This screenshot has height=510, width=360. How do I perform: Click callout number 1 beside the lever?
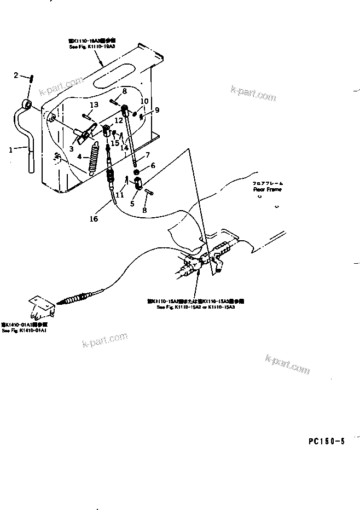pos(10,148)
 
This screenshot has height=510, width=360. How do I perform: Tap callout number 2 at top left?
pos(16,75)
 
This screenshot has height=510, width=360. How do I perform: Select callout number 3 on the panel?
pos(72,148)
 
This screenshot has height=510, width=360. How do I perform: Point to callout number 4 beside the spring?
pos(79,157)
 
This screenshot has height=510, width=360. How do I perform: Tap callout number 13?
pos(94,105)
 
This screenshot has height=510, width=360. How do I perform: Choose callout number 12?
pos(119,120)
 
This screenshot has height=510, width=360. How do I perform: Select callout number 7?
pos(147,155)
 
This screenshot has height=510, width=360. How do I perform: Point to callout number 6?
pos(153,165)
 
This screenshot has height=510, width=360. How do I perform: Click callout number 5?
pos(132,204)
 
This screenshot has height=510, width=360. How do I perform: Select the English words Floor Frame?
pos(267,189)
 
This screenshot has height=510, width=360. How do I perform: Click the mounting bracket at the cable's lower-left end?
pos(40,308)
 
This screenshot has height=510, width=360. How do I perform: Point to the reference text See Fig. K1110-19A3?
pos(92,48)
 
